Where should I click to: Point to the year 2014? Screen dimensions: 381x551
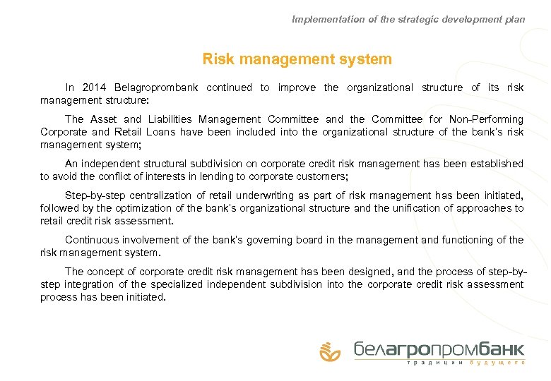point(94,88)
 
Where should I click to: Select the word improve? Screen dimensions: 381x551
point(297,88)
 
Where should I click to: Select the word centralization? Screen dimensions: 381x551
point(155,195)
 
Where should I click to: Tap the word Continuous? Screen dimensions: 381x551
point(93,240)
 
